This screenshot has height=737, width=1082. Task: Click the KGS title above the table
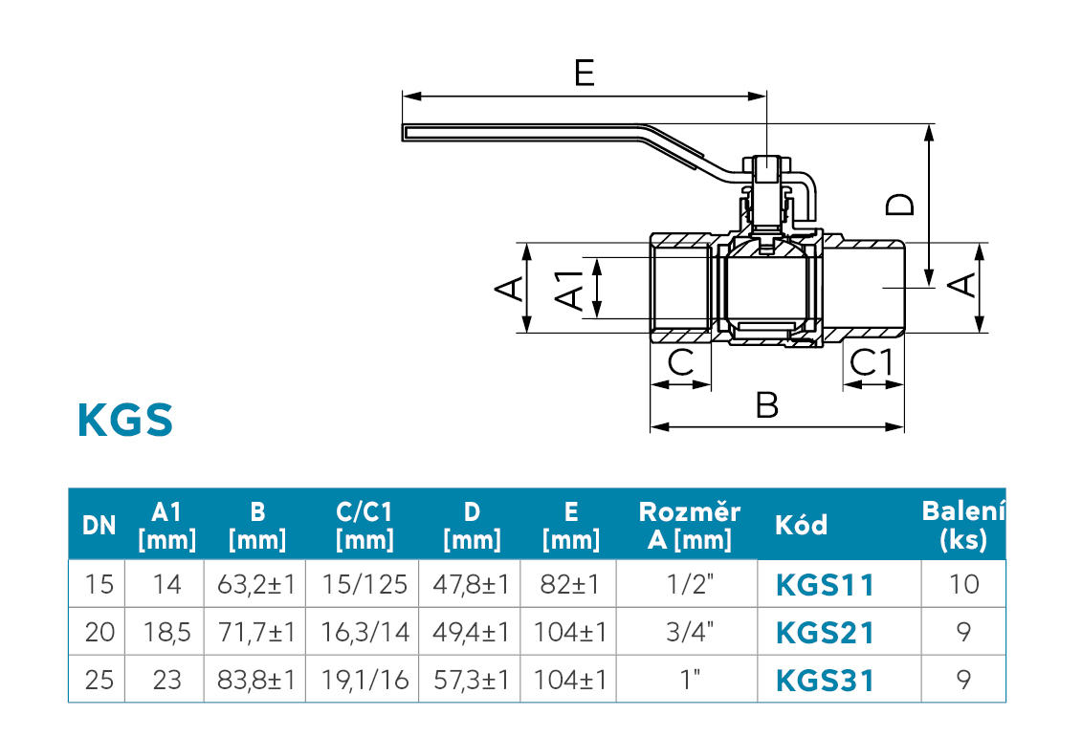pyautogui.click(x=125, y=421)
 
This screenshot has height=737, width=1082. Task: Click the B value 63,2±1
pyautogui.click(x=255, y=584)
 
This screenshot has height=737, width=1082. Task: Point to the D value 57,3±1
pyautogui.click(x=471, y=680)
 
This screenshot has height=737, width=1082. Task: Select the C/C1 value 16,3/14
pyautogui.click(x=364, y=632)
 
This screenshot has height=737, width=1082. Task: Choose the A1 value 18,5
pyautogui.click(x=166, y=632)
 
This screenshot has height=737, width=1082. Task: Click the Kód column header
pyautogui.click(x=801, y=525)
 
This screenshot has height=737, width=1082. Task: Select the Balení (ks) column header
pyautogui.click(x=963, y=525)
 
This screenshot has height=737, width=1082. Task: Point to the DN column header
pyautogui.click(x=99, y=525)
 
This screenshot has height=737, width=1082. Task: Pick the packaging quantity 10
pyautogui.click(x=963, y=584)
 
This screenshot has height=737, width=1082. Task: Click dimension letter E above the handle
pyautogui.click(x=584, y=73)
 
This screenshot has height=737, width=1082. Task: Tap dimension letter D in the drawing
pyautogui.click(x=900, y=204)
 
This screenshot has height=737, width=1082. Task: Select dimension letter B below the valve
pyautogui.click(x=767, y=405)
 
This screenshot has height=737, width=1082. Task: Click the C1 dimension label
pyautogui.click(x=872, y=362)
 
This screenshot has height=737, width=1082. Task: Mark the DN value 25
pyautogui.click(x=99, y=680)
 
